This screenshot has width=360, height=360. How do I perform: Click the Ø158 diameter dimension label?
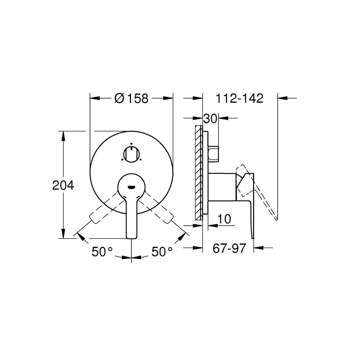pyautogui.click(x=131, y=99)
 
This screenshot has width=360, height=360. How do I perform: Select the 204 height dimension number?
pyautogui.click(x=63, y=185)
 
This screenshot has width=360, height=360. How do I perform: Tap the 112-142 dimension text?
pyautogui.click(x=239, y=99)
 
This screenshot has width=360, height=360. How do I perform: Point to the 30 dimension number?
pyautogui.click(x=210, y=119)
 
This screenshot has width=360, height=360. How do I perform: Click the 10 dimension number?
pyautogui.click(x=224, y=219)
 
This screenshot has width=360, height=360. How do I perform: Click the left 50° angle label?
pyautogui.click(x=102, y=252)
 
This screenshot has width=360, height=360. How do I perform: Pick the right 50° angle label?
pyautogui.click(x=162, y=252)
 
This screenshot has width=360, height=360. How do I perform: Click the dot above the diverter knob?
pyautogui.click(x=131, y=143)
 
